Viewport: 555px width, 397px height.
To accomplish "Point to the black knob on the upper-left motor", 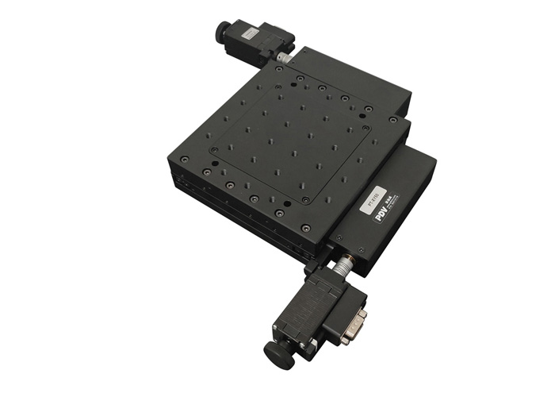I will (x=221, y=32).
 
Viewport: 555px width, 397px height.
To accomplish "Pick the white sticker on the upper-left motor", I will (x=250, y=33).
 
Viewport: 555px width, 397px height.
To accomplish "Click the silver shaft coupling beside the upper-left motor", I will (x=283, y=58).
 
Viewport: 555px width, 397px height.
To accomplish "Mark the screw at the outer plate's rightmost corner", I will (x=393, y=119).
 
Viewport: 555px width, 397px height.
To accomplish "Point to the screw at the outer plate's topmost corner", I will (x=280, y=69).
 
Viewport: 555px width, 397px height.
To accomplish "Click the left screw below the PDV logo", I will (x=339, y=237).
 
